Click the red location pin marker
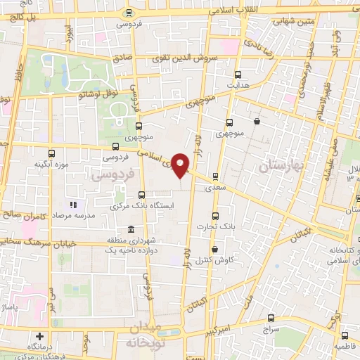(x=181, y=165)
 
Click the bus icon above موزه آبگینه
(x=51, y=153)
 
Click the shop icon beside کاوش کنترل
(x=214, y=249)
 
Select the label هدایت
(x=238, y=84)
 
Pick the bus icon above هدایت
(x=238, y=74)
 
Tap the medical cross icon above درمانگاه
(x=40, y=337)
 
